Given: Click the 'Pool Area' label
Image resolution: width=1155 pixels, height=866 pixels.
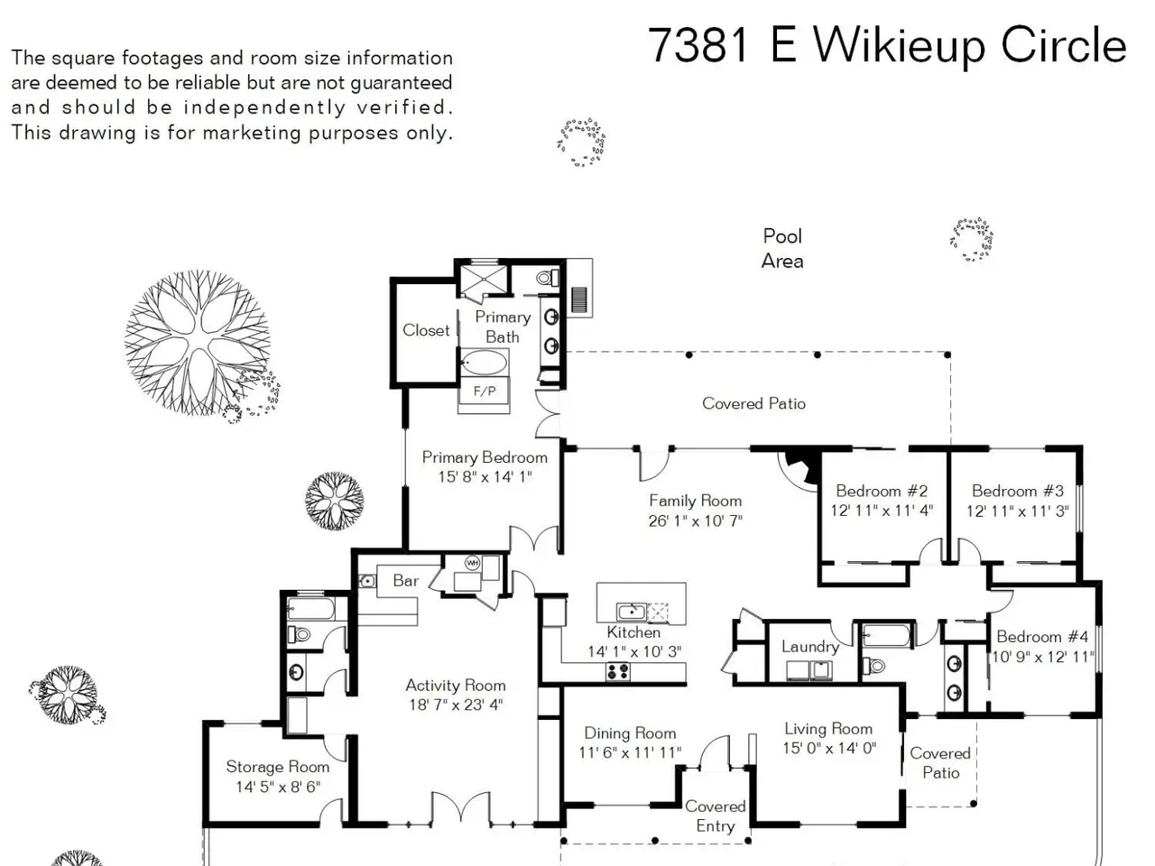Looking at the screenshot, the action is pos(782,248).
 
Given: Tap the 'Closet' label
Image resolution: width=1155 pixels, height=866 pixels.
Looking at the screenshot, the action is pos(426,330).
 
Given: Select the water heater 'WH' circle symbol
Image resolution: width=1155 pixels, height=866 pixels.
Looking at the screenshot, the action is pos(472,563).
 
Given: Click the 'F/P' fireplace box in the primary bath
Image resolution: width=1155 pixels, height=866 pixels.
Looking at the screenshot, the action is pos(484,392).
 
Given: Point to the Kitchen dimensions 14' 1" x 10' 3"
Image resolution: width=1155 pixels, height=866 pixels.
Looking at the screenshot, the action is pos(634,651).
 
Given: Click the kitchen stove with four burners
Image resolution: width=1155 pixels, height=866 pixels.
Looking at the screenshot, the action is pos(618,671).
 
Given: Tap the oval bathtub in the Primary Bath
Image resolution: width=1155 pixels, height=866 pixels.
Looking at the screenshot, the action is pos(484,363).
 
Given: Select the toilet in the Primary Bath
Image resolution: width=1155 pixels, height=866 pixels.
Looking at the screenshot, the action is pos(548,277).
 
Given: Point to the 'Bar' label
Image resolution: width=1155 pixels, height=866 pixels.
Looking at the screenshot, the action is pos(406,580).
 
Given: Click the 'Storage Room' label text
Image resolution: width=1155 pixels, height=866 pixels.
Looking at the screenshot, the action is pos(278,767).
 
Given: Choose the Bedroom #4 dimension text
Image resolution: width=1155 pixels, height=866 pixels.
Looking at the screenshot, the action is pos(1042,657).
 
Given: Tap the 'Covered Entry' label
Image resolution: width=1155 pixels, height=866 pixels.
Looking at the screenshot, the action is pos(715,816).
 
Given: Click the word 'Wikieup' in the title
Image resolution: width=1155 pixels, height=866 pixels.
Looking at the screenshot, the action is pos(900,46).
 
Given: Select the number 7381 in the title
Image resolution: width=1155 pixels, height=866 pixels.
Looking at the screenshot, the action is pos(698,45).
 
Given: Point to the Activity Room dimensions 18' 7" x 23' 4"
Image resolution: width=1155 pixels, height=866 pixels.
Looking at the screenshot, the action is pos(457,704).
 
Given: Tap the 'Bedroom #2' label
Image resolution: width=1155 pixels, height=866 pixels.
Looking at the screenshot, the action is pos(882,491).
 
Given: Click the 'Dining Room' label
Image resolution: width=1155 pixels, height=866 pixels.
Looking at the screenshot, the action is pos(630,733).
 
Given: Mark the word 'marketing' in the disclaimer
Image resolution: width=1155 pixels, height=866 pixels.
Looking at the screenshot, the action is pos(251,133).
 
